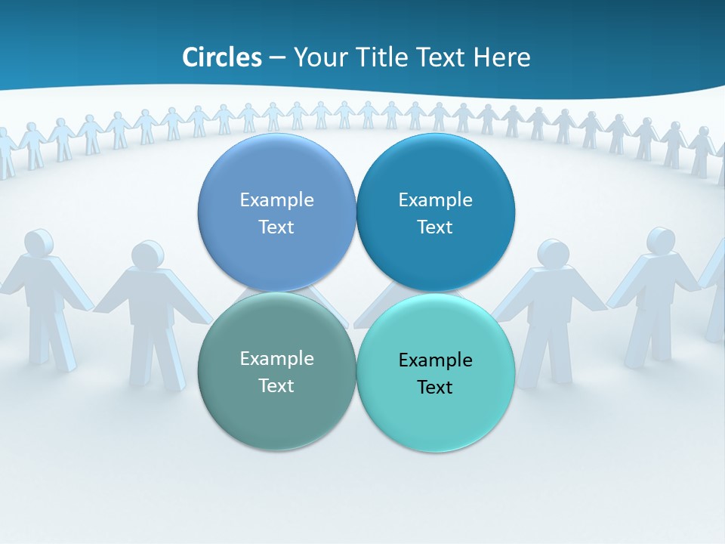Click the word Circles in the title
(x=221, y=57)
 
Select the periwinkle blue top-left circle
(x=276, y=253)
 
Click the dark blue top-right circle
(x=435, y=253)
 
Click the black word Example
(x=435, y=360)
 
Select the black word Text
(x=435, y=388)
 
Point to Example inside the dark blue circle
(x=435, y=200)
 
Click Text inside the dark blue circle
(x=435, y=227)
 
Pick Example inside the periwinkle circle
(x=276, y=200)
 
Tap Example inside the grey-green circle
(x=276, y=359)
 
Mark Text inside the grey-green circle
(x=276, y=386)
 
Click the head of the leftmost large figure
(x=39, y=243)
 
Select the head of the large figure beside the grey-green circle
(x=147, y=255)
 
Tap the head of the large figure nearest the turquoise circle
(x=554, y=253)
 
